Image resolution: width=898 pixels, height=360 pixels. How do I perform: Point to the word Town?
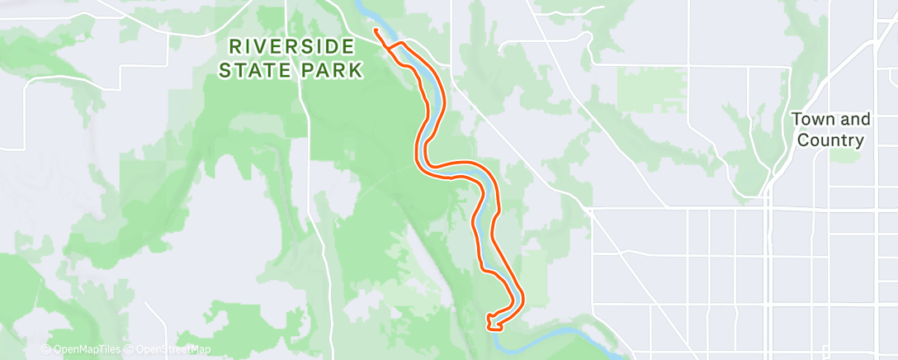pyautogui.click(x=812, y=120)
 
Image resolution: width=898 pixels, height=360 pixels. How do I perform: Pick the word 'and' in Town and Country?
pyautogui.click(x=853, y=120)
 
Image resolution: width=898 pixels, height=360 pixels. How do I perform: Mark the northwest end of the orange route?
pyautogui.click(x=376, y=31)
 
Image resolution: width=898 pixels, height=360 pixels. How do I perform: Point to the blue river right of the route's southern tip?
pyautogui.click(x=561, y=333)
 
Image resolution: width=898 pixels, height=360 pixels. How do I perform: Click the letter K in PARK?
pyautogui.click(x=356, y=70)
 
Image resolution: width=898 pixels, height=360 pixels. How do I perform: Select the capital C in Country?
pyautogui.click(x=804, y=140)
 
